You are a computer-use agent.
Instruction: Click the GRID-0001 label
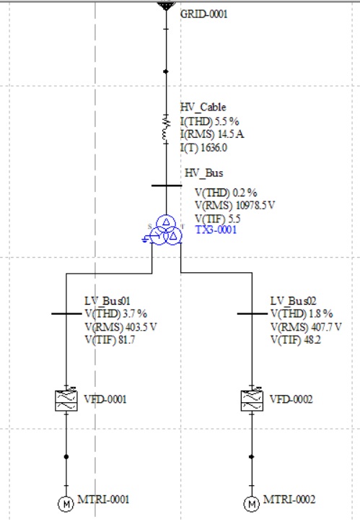(x=203, y=14)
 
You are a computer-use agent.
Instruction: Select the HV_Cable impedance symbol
(x=166, y=129)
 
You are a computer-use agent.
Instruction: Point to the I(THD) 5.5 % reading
(x=210, y=121)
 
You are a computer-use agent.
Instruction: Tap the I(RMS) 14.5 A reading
(x=212, y=134)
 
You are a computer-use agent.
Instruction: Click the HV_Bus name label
(x=203, y=173)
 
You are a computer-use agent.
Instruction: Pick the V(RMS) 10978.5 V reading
(x=234, y=205)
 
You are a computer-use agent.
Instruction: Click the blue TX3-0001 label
(x=216, y=230)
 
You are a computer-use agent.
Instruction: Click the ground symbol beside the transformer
(x=146, y=239)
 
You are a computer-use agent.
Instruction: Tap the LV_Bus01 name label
(x=107, y=301)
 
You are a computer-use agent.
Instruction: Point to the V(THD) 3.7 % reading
(x=115, y=313)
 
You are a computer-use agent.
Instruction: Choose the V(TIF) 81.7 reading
(x=110, y=340)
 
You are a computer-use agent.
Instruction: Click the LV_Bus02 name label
(x=293, y=301)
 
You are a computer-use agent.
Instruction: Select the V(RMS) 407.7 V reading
(x=306, y=327)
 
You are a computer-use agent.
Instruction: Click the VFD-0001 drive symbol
(x=66, y=400)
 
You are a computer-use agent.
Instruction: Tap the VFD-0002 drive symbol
(x=252, y=400)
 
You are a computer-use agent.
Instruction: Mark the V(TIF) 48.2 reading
(x=296, y=340)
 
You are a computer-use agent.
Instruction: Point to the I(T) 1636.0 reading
(x=203, y=147)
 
